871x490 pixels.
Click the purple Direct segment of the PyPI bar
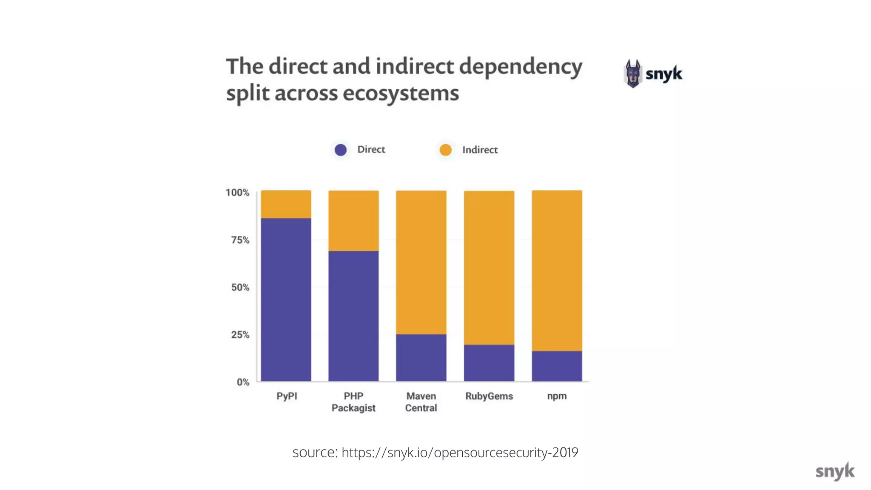point(286,299)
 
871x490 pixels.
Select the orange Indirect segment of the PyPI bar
point(286,204)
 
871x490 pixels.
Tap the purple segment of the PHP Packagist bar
point(353,316)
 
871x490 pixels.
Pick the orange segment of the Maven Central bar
point(421,262)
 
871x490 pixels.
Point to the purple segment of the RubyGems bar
point(489,362)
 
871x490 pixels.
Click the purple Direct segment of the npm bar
point(557,366)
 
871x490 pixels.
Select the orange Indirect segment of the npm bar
point(557,271)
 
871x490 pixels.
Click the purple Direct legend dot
point(341,150)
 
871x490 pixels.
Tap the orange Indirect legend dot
point(445,150)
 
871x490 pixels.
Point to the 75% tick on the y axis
point(240,240)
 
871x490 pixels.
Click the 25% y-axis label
point(240,335)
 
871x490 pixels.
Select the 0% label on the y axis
point(243,382)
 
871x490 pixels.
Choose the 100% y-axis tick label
point(237,193)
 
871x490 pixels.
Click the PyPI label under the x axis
point(287,396)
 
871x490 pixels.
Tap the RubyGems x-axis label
point(489,396)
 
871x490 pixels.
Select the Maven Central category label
point(421,402)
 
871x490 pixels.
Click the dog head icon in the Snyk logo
point(632,74)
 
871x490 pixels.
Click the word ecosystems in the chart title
point(401,93)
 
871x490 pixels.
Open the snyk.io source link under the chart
point(459,452)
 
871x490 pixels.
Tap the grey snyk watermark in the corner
point(834,471)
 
